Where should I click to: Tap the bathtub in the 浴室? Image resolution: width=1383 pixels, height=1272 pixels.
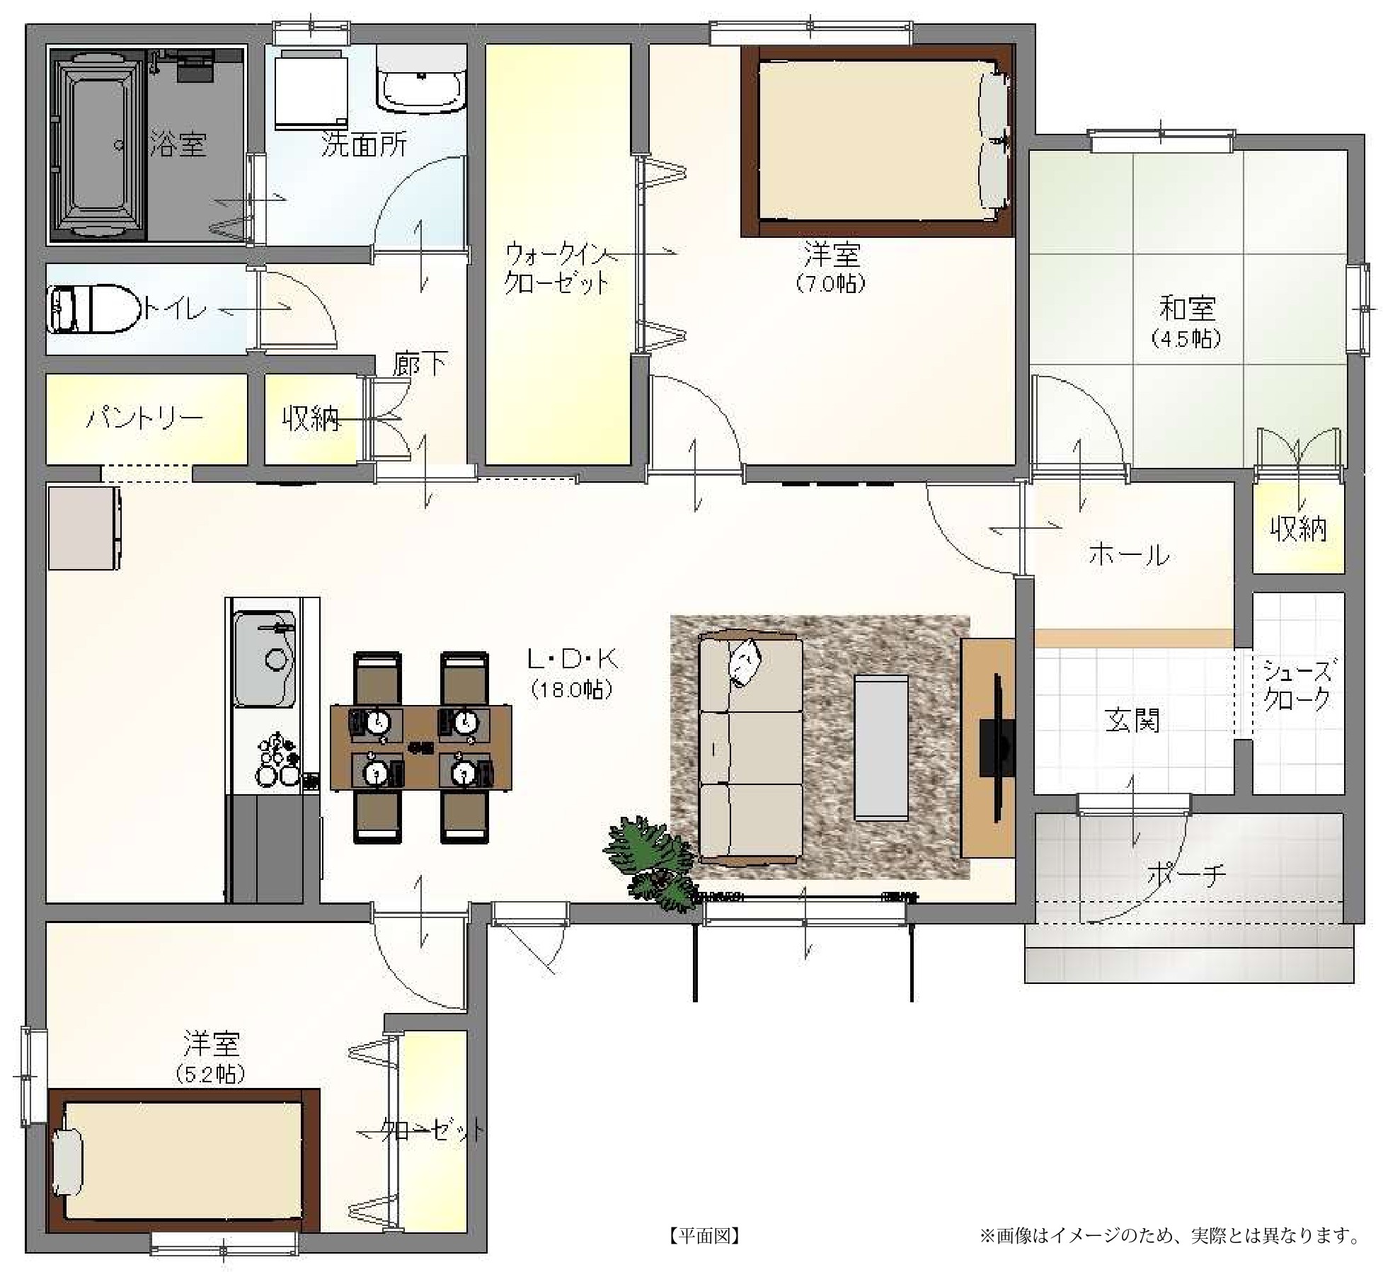point(98,145)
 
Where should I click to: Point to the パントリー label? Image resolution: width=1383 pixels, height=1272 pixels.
point(145,418)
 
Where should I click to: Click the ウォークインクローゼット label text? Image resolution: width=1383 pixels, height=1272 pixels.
point(557,268)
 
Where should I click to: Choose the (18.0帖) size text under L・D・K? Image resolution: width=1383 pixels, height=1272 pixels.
point(572,689)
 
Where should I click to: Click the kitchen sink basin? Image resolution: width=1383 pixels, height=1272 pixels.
point(265,658)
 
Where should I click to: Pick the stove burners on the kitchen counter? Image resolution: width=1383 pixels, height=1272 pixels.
point(277,760)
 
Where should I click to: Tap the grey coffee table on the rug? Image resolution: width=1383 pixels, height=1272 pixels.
point(880,747)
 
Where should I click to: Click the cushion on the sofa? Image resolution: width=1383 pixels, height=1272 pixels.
point(745,662)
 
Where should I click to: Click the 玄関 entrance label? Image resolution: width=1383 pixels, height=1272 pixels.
point(1132,721)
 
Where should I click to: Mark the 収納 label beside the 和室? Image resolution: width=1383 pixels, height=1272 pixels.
point(1298,529)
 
